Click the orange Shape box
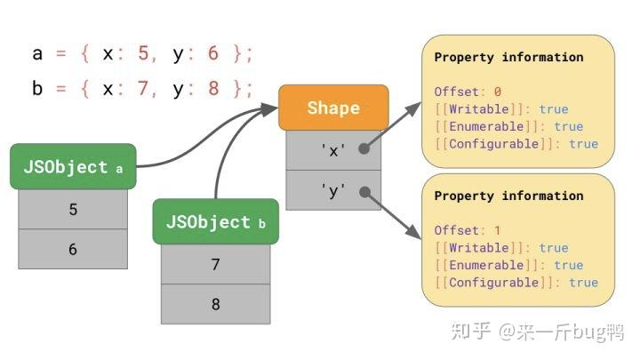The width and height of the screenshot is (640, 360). pyautogui.click(x=333, y=108)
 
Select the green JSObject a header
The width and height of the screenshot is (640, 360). pyautogui.click(x=73, y=167)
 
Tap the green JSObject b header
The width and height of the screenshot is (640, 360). pyautogui.click(x=215, y=222)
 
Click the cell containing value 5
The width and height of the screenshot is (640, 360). pyautogui.click(x=73, y=210)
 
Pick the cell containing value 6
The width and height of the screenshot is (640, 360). pyautogui.click(x=73, y=250)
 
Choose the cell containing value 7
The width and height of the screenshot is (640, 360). pyautogui.click(x=215, y=264)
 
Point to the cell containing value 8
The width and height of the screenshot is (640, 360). pyautogui.click(x=215, y=304)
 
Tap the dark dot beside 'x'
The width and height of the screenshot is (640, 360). pyautogui.click(x=364, y=150)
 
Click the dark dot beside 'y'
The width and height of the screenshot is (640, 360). pyautogui.click(x=364, y=190)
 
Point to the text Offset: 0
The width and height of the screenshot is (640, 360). pyautogui.click(x=468, y=92)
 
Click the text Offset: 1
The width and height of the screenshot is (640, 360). pyautogui.click(x=468, y=230)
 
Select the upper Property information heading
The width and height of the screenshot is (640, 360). pyautogui.click(x=508, y=57)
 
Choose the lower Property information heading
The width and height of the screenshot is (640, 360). pyautogui.click(x=508, y=196)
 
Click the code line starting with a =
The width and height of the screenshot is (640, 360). pyautogui.click(x=142, y=53)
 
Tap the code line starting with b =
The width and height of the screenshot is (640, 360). pyautogui.click(x=142, y=89)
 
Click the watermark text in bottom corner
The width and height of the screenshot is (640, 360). pyautogui.click(x=538, y=332)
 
